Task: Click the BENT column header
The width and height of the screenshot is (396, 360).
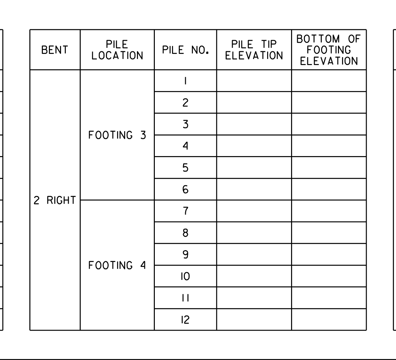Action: click(55, 50)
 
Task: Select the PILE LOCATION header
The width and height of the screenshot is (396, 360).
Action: click(117, 50)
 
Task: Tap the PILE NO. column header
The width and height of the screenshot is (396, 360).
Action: click(186, 50)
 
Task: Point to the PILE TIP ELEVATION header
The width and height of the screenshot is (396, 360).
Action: click(254, 50)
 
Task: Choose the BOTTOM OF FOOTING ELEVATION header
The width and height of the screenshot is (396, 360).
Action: click(329, 50)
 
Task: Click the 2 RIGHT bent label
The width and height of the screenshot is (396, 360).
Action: click(55, 201)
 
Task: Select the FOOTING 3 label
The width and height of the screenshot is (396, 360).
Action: click(117, 135)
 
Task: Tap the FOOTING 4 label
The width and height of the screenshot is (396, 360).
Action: click(117, 265)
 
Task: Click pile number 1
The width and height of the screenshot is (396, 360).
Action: click(186, 81)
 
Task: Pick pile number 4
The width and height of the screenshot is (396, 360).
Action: click(186, 146)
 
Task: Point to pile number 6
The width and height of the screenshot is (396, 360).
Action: click(186, 189)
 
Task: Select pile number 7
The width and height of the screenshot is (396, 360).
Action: click(186, 211)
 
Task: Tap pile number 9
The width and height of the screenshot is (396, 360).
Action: click(186, 254)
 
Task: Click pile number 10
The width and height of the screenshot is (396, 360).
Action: click(185, 276)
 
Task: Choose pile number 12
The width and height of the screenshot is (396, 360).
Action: click(185, 320)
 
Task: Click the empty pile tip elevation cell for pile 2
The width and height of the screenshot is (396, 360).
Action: click(254, 102)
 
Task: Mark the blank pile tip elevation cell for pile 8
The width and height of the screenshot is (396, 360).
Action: click(254, 233)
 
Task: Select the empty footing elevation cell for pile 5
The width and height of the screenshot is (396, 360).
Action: click(329, 168)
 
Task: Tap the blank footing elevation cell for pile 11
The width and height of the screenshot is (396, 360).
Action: click(329, 298)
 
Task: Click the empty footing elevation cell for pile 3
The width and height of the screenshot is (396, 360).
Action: click(329, 124)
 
